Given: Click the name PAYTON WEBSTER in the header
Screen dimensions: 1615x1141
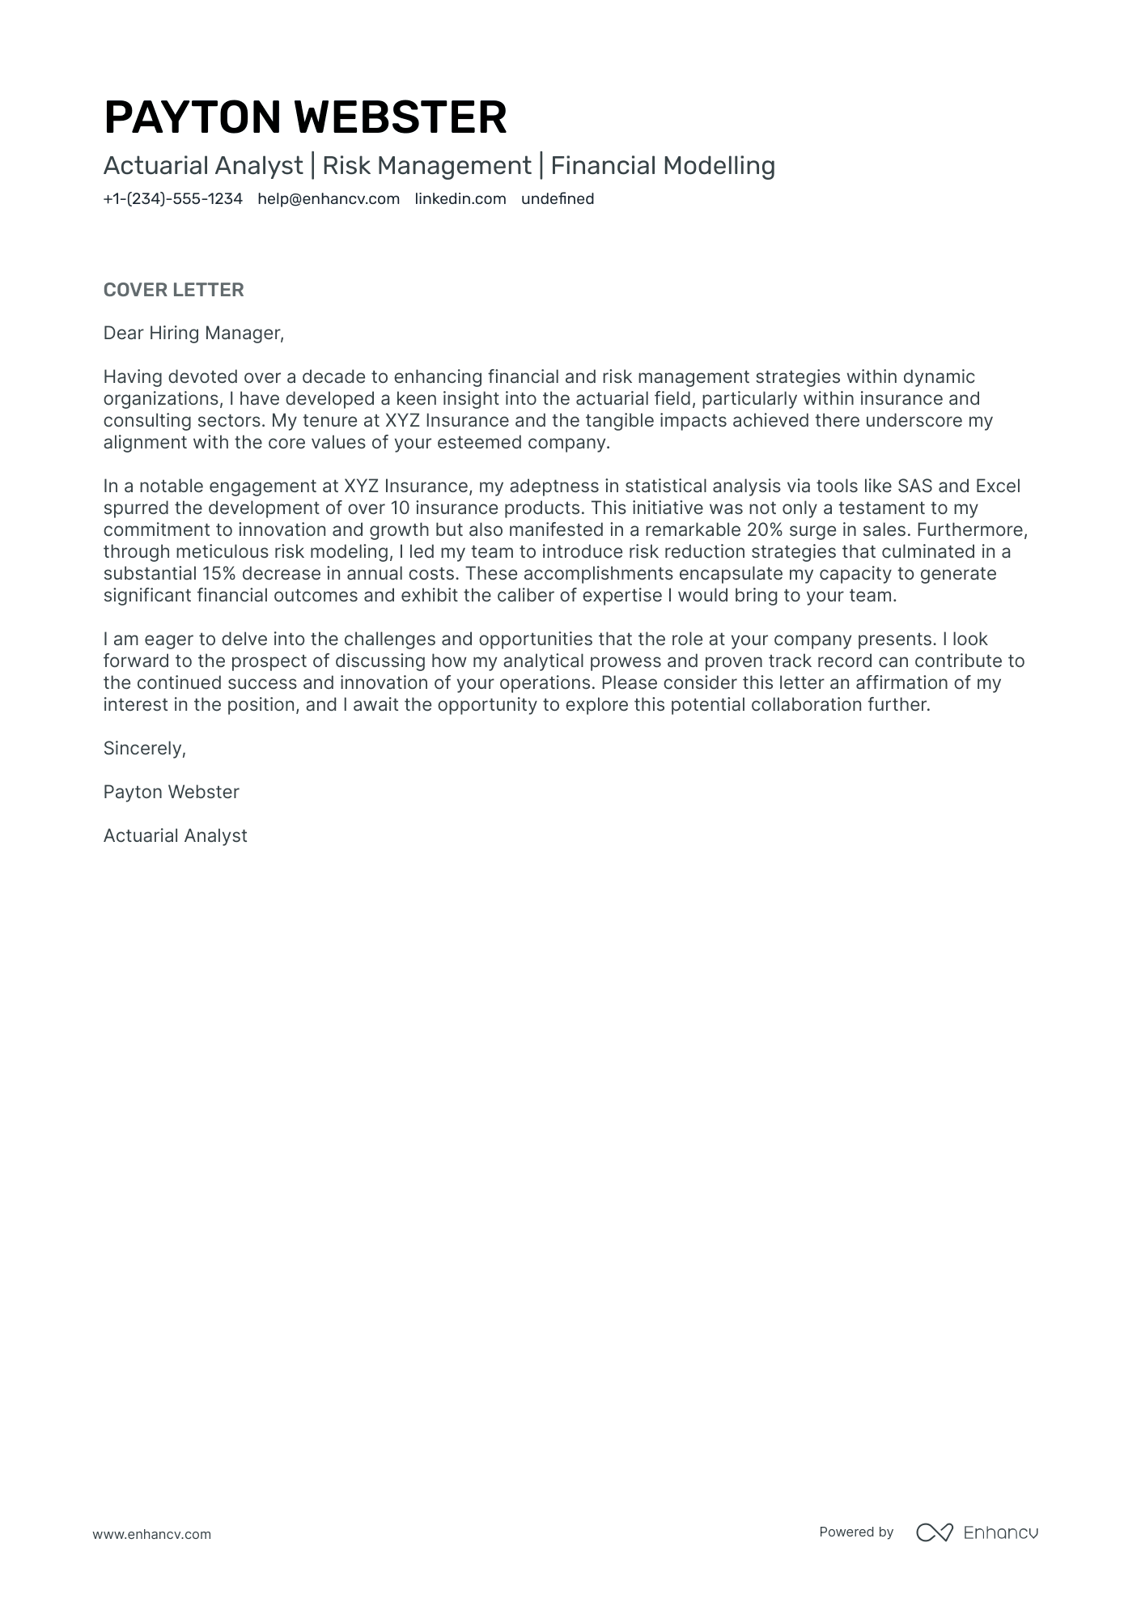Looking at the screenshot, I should (x=305, y=117).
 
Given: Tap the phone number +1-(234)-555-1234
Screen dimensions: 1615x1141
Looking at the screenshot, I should (x=172, y=199).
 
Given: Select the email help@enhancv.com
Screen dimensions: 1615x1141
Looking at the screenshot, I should (x=329, y=199).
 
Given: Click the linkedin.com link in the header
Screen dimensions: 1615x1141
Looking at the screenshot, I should (x=460, y=199).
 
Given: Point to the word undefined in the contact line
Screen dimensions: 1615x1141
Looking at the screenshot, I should (x=558, y=199).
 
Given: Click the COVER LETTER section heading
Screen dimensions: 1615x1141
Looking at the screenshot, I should (x=173, y=290).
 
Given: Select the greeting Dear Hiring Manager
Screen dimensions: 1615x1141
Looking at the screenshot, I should (x=193, y=334).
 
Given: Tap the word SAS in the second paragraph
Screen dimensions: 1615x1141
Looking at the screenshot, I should (x=915, y=487).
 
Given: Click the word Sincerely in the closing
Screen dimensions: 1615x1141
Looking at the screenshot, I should (x=144, y=749).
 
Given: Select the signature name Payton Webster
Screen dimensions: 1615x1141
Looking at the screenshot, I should (x=171, y=793).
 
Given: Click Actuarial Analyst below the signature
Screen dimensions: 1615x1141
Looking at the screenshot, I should (x=175, y=836).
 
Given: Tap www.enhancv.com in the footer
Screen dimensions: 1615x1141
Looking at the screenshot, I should (x=151, y=1534).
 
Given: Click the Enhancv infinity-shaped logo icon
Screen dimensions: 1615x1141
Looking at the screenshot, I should (x=934, y=1532).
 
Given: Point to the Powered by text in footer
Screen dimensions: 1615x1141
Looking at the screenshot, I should (x=855, y=1532).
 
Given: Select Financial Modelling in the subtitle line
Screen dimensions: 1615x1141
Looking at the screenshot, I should (x=663, y=166).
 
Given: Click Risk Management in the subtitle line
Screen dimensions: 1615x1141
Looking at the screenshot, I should (x=426, y=166).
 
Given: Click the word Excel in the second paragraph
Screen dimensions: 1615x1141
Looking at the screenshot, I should (x=998, y=487).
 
